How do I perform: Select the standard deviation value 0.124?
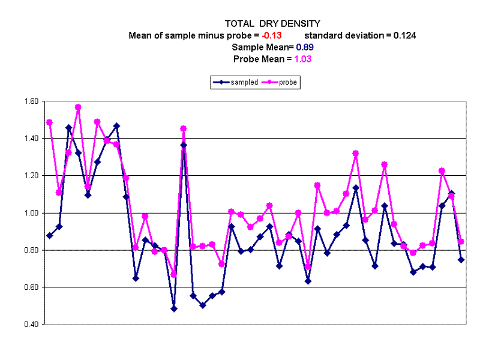pos(404,35)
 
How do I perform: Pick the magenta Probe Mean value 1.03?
pos(301,59)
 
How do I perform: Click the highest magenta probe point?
pos(78,107)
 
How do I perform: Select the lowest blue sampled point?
pos(174,308)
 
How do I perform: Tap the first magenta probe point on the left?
pos(49,122)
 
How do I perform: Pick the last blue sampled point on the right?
pos(461,260)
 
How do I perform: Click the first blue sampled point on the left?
pos(49,235)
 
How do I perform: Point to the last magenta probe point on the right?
pos(461,242)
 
